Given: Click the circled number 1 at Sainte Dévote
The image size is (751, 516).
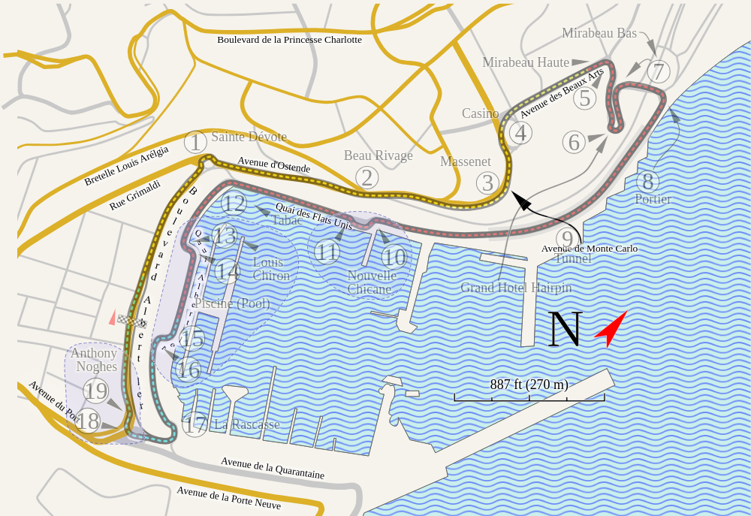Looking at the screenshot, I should tap(195, 142).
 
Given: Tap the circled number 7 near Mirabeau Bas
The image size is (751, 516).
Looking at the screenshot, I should tap(659, 72).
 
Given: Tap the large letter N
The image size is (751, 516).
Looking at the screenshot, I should tap(565, 329).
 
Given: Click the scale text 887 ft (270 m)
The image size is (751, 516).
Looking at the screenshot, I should tap(529, 385).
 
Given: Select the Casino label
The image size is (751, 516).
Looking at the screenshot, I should tap(480, 113).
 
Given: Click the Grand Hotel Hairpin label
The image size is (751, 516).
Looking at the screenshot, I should tap(516, 288).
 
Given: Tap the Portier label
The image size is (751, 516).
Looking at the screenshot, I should tap(653, 199).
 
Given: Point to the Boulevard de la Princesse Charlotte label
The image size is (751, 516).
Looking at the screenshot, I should tap(289, 40).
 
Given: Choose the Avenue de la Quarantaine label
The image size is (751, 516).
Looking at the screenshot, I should tap(273, 467).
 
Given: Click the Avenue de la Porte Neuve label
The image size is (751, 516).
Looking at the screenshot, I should tap(229, 498).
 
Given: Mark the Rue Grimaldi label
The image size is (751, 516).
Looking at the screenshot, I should tap(135, 194).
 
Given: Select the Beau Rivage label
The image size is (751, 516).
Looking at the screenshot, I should tap(379, 155).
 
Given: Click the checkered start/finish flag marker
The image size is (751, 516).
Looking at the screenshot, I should tap(129, 320).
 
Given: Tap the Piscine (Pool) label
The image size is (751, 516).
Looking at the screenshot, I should tap(232, 303).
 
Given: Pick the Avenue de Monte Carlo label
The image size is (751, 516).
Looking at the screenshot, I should tap(590, 249).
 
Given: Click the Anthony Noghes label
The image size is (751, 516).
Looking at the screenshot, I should tap(95, 360).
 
